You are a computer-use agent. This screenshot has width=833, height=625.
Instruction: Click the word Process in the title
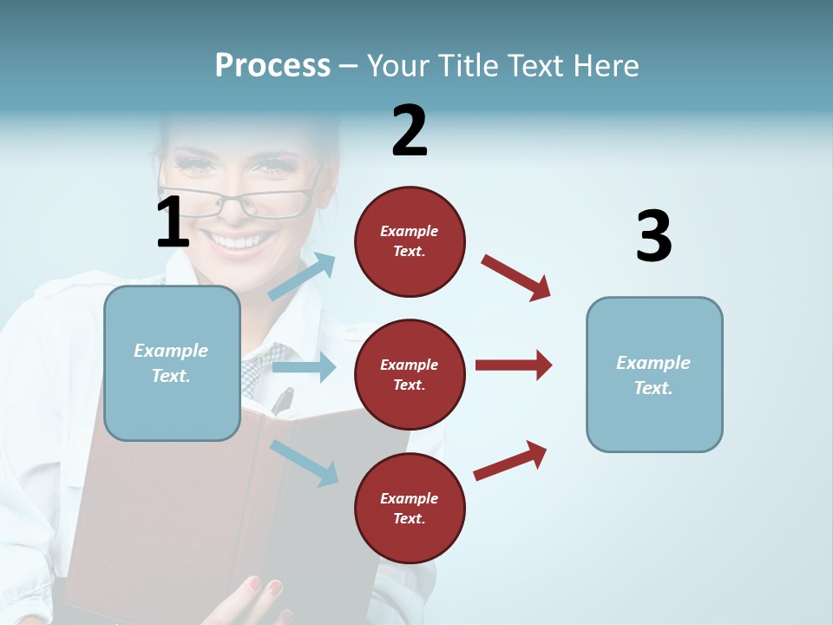tap(272, 65)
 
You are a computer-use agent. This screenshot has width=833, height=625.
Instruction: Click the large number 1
tap(173, 222)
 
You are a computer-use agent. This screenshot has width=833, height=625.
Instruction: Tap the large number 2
tap(410, 131)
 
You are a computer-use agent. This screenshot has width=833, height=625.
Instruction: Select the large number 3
tap(653, 237)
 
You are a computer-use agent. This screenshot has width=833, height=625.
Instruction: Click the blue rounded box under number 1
tap(172, 363)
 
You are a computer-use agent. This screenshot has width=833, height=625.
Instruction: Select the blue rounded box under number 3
tap(654, 374)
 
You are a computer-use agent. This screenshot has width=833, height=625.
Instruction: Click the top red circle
tap(410, 241)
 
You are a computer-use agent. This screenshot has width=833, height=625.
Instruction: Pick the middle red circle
tap(410, 374)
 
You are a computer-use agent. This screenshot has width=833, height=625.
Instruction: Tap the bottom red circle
tap(410, 508)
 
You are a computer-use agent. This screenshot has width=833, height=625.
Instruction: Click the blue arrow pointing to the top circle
tap(302, 276)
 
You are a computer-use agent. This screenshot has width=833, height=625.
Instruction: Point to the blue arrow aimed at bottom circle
tap(304, 462)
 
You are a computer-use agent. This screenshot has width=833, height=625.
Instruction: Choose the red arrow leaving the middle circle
tap(514, 365)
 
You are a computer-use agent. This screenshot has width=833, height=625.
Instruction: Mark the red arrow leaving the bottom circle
tap(510, 461)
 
